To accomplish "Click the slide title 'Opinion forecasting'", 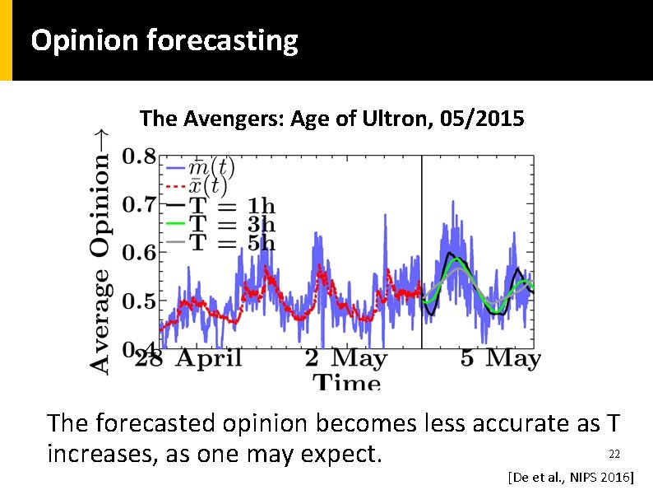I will click(164, 40).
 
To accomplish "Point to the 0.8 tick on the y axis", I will click(138, 156).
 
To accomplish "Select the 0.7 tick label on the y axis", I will click(138, 204).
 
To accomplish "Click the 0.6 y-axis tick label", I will click(138, 253).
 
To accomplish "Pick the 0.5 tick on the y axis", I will click(138, 301).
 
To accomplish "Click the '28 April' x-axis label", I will click(188, 358).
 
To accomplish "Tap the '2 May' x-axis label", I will click(345, 358).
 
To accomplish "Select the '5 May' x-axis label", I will click(500, 358).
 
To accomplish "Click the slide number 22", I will click(613, 454).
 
